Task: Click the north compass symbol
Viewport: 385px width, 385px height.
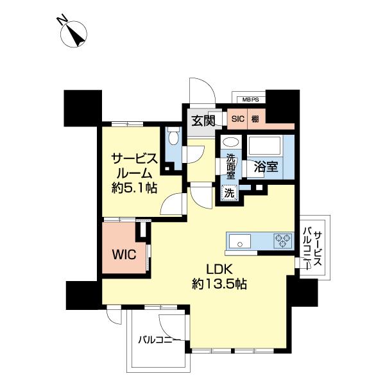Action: (74, 33)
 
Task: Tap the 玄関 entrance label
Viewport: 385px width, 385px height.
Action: (203, 121)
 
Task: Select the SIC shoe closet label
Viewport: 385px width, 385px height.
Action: (238, 119)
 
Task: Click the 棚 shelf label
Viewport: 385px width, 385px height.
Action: (255, 119)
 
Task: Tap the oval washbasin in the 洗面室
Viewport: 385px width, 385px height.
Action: (231, 142)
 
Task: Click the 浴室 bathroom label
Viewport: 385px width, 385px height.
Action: (266, 167)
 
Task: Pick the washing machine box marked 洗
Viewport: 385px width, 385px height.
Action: (230, 193)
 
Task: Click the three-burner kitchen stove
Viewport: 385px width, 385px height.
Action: (283, 241)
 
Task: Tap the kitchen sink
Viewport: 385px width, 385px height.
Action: (240, 241)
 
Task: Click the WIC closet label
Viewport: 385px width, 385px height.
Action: (124, 254)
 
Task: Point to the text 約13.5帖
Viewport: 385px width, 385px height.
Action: (219, 284)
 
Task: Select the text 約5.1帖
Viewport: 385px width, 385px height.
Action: (134, 188)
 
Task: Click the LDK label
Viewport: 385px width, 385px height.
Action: (219, 270)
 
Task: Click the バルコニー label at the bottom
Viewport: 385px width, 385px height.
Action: (159, 340)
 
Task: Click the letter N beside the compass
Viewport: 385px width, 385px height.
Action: (62, 21)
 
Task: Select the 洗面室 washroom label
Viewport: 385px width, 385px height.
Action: (230, 166)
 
